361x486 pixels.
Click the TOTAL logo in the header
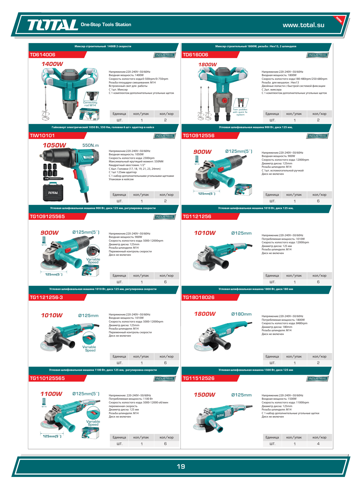coord(52,25)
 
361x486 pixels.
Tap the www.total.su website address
coord(304,25)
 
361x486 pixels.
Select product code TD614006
coord(42,55)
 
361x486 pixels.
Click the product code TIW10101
coord(42,136)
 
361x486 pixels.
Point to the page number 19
coord(181,466)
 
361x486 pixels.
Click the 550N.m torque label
coord(91,145)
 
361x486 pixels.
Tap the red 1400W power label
coord(52,64)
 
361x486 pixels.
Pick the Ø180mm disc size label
coord(241,314)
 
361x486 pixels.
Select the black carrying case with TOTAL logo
coord(53,192)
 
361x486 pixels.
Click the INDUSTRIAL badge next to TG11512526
coord(317,379)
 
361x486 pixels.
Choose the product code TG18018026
coord(198,297)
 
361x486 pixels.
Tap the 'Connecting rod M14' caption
coord(90,104)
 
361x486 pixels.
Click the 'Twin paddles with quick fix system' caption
coord(240,112)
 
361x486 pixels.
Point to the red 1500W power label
coord(205,395)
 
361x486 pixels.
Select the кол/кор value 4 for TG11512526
coord(318,444)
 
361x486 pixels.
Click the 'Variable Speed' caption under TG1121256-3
coord(89,349)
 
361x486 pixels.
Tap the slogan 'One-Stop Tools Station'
coord(106,25)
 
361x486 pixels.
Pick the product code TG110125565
coord(47,378)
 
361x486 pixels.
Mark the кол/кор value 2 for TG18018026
coord(318,363)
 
